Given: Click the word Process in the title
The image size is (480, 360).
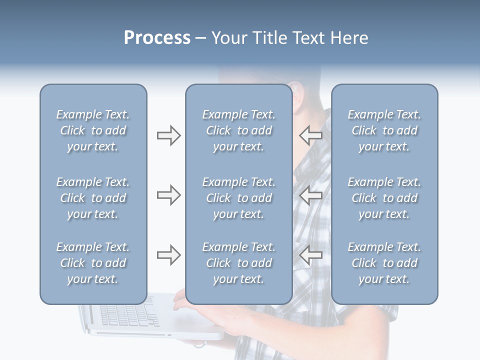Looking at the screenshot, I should click(x=157, y=38).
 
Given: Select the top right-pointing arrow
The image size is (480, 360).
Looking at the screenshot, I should click(x=168, y=135).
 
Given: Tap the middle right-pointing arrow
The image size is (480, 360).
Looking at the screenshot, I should click(x=168, y=195).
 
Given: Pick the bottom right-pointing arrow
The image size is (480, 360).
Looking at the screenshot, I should click(x=168, y=255).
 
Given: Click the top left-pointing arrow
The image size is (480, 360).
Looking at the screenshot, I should click(x=310, y=135).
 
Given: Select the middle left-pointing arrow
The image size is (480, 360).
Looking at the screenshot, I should click(x=310, y=195).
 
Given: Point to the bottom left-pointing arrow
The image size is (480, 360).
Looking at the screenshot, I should click(x=310, y=255).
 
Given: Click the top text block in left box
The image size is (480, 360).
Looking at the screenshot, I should click(x=93, y=130).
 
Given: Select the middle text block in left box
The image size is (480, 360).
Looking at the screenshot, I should click(x=93, y=198).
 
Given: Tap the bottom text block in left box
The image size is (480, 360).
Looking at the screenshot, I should click(x=93, y=263).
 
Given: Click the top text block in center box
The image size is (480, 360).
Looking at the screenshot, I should click(x=238, y=130).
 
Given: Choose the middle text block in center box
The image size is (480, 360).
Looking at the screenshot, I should click(x=238, y=198).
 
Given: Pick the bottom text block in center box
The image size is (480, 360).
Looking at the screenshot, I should click(x=238, y=263).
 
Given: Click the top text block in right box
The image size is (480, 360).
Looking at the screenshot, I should click(x=384, y=130).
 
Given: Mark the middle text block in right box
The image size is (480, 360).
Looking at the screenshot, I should click(x=384, y=198).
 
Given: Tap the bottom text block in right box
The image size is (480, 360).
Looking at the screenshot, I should click(x=384, y=263).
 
